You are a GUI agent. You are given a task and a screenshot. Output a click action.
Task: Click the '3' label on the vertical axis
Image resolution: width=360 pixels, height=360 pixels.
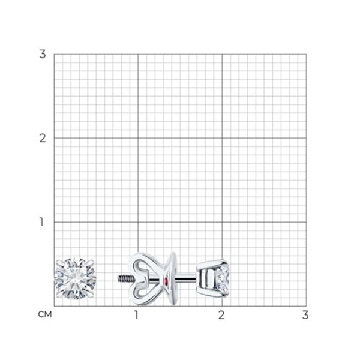[x=43, y=54]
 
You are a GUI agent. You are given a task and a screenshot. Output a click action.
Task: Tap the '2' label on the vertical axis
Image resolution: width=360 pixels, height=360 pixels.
[x=43, y=138]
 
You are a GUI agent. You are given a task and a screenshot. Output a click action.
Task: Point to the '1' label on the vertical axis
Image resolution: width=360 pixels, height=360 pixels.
[x=41, y=222]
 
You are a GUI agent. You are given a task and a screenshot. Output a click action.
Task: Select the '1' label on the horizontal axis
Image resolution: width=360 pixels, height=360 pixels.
[x=136, y=315]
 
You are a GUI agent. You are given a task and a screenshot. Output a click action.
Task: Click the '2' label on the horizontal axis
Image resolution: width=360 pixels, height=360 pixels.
[x=221, y=315]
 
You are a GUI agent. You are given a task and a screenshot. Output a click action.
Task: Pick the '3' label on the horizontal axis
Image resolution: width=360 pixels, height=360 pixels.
[x=305, y=315]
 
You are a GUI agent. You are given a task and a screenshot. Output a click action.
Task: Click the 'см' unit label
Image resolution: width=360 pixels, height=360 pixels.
[x=45, y=314]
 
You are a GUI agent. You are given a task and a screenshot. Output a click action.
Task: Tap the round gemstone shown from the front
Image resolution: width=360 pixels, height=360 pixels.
[x=76, y=279]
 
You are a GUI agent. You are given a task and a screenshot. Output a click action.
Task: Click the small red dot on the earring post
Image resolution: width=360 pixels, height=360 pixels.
[x=166, y=280]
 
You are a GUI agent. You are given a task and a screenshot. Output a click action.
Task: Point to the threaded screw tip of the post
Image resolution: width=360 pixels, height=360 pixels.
[x=125, y=279]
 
